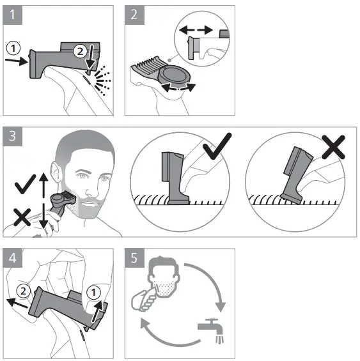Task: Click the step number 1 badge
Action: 13,16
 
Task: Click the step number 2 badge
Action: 135,16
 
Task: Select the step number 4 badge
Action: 13,259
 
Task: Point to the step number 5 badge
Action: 135,259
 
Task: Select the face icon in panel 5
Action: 157,281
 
